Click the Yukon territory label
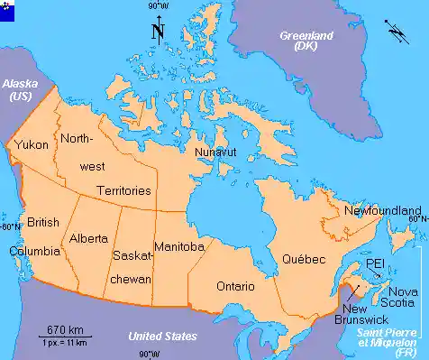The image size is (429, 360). (x=32, y=144)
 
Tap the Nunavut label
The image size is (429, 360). (x=215, y=152)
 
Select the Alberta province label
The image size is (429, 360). (x=88, y=239)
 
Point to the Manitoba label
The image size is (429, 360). (x=178, y=246)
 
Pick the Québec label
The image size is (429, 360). (x=302, y=259)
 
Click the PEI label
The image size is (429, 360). (x=375, y=263)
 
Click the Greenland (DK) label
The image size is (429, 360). (x=306, y=41)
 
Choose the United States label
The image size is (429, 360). (x=162, y=337)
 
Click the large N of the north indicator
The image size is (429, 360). (x=158, y=33)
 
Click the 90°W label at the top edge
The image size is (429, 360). (x=157, y=6)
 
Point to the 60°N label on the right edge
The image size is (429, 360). (x=416, y=218)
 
